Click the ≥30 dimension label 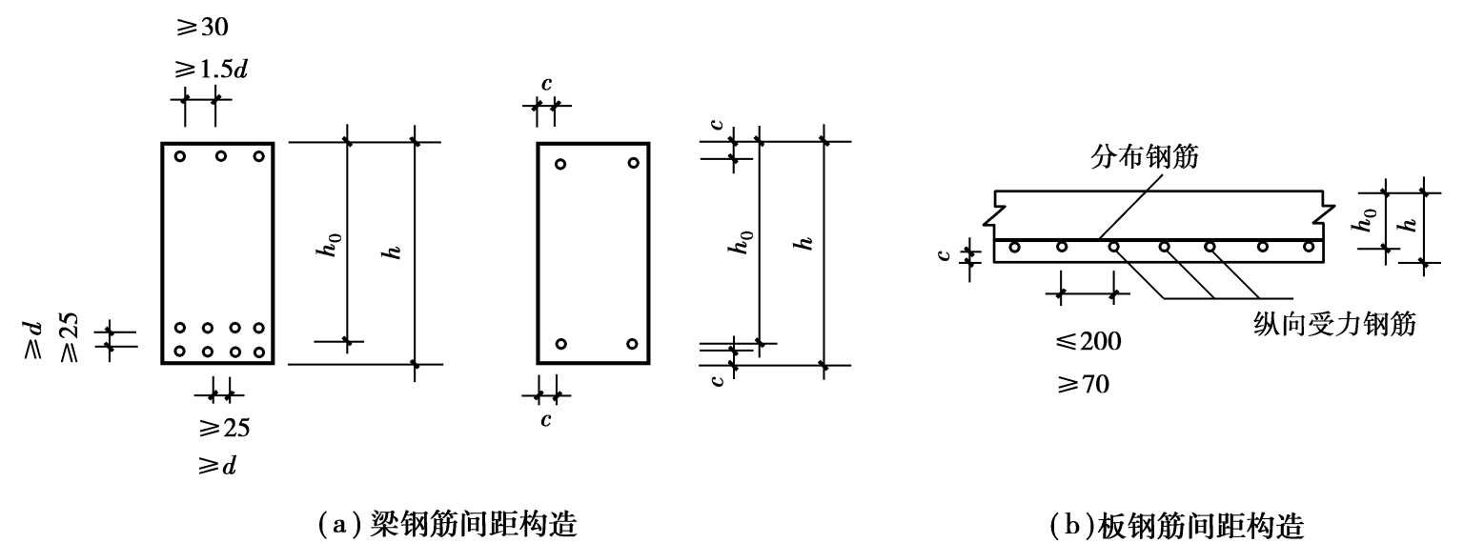[x=201, y=28]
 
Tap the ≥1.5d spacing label [x=211, y=70]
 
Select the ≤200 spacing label [x=1088, y=341]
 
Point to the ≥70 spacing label [x=1083, y=384]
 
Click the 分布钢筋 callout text [x=1144, y=157]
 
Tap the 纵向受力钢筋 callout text [x=1334, y=324]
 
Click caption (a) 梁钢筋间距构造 [x=447, y=523]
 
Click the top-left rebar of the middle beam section [x=560, y=164]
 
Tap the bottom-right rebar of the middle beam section [x=632, y=344]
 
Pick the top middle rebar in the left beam [x=221, y=156]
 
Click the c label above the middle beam [x=546, y=84]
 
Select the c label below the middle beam [x=546, y=419]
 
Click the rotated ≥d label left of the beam [x=32, y=340]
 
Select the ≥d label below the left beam [x=217, y=467]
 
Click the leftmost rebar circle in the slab [x=1014, y=247]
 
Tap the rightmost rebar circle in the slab [x=1309, y=247]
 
